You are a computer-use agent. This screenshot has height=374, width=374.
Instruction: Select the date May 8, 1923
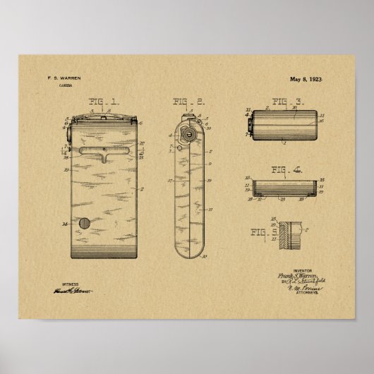pyautogui.click(x=306, y=79)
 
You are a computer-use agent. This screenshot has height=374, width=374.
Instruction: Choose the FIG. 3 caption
pyautogui.click(x=289, y=101)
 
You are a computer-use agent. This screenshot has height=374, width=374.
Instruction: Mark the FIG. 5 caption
pyautogui.click(x=265, y=231)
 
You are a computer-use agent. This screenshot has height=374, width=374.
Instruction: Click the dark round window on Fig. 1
pyautogui.click(x=85, y=224)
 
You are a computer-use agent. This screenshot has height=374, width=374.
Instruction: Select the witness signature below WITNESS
pyautogui.click(x=72, y=290)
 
